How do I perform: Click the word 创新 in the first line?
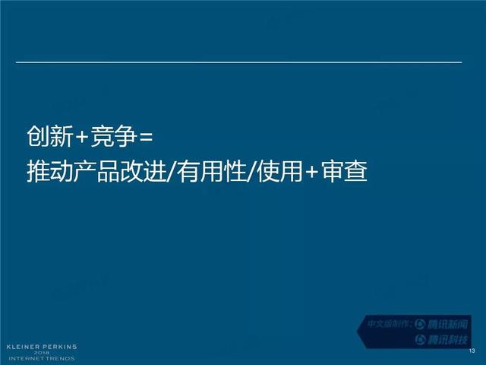click(x=50, y=136)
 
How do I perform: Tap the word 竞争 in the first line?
click(x=113, y=136)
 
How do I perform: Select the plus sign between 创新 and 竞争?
click(x=82, y=137)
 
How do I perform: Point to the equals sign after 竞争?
click(x=146, y=137)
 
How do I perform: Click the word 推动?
click(x=50, y=171)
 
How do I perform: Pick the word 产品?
click(x=96, y=171)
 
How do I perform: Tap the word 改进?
click(x=143, y=171)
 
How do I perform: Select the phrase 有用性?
click(x=212, y=171)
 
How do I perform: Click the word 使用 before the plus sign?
click(x=280, y=171)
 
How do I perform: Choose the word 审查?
click(x=344, y=171)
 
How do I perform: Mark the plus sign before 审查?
click(x=312, y=172)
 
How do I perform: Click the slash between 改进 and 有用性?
click(x=172, y=171)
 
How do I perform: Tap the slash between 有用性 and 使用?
click(x=252, y=171)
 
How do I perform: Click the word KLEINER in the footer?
click(x=24, y=347)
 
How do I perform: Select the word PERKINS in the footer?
click(x=60, y=347)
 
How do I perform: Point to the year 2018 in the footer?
click(x=42, y=353)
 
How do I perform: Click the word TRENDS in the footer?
click(x=61, y=358)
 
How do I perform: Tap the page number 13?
click(x=472, y=351)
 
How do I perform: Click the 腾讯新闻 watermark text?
click(x=447, y=325)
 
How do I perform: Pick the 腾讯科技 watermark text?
click(x=447, y=340)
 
